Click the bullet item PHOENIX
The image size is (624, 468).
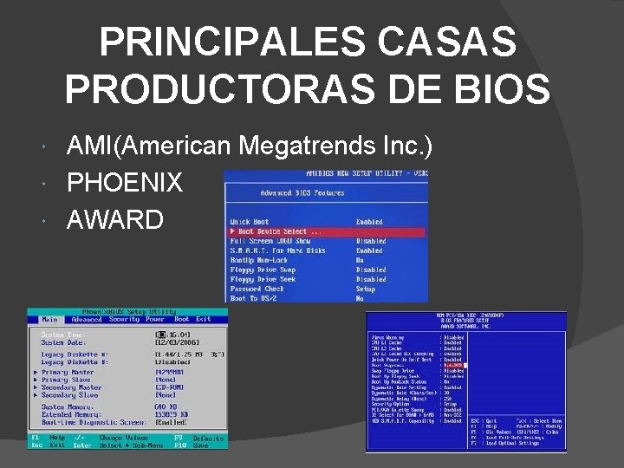point(124,183)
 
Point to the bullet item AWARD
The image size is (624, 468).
point(114,220)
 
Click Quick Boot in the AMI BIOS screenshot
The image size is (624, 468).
point(249,222)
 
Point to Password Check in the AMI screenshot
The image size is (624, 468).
point(257,289)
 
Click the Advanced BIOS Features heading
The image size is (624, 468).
point(302,192)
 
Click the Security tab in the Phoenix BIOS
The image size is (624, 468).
point(123,319)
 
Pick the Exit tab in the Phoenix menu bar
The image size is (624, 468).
point(203,319)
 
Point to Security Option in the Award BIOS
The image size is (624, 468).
point(390,403)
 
